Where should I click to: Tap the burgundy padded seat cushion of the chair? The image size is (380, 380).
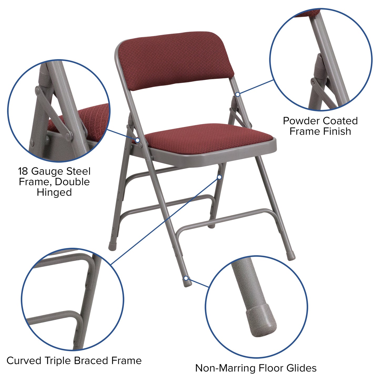tap(208, 139)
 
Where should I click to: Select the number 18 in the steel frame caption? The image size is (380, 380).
tap(23, 171)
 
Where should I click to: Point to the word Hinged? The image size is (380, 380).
tap(54, 192)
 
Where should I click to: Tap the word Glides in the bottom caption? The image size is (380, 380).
tap(301, 368)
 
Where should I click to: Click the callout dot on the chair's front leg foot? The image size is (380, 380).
tap(186, 278)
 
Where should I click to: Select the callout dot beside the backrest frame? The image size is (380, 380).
tap(237, 94)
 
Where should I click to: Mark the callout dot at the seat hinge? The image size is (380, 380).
tap(137, 140)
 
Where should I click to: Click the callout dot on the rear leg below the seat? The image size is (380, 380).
tap(219, 177)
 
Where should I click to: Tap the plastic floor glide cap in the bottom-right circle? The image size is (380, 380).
tap(262, 322)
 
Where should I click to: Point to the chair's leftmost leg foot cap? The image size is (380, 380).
tap(112, 247)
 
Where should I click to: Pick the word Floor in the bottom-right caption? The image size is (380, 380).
tap(271, 368)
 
